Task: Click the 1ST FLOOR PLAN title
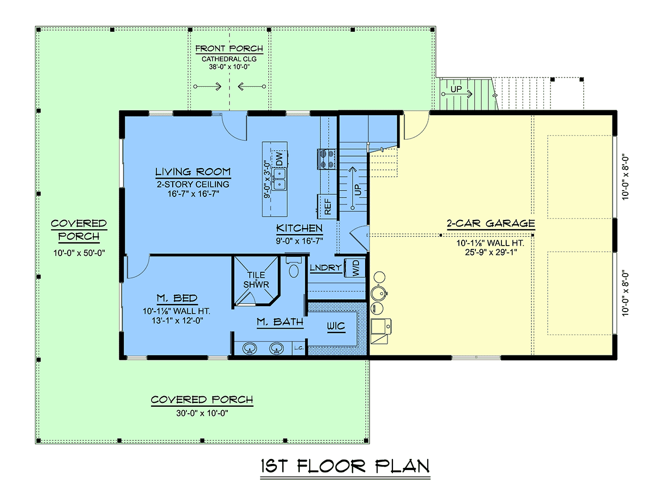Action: (x=345, y=466)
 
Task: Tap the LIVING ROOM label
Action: (x=193, y=171)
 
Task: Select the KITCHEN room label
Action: (x=299, y=228)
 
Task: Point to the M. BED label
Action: (x=177, y=298)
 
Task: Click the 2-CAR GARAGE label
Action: (x=491, y=223)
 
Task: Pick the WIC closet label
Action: (x=336, y=326)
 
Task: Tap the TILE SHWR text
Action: (x=256, y=279)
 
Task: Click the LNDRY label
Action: (x=326, y=267)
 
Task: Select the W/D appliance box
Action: (x=355, y=267)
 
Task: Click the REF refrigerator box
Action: (x=328, y=207)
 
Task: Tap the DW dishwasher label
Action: (x=280, y=159)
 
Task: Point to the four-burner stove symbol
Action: (x=326, y=159)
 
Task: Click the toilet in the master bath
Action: (x=293, y=267)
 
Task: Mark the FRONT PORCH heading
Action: (x=229, y=49)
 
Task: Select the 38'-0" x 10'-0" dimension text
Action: (x=229, y=67)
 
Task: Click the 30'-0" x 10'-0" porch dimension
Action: (x=202, y=413)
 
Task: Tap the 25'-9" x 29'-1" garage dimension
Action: (x=491, y=252)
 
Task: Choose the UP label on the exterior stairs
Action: (x=456, y=89)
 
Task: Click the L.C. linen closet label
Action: (x=299, y=348)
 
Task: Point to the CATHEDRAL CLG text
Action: (x=229, y=59)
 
